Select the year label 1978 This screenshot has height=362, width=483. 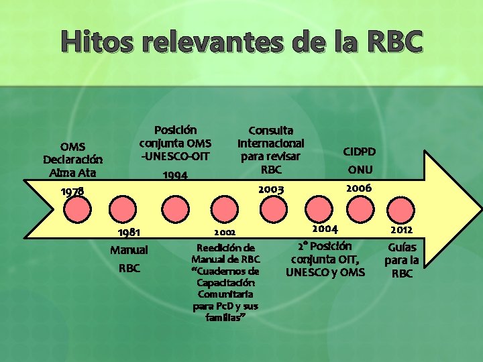[x=72, y=192]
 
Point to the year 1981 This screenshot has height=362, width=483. [x=128, y=233]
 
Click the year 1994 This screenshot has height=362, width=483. [x=174, y=176]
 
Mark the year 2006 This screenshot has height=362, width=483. [x=358, y=188]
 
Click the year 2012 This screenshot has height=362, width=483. [x=401, y=231]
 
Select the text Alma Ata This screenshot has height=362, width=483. [x=73, y=173]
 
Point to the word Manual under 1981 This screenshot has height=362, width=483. [x=129, y=251]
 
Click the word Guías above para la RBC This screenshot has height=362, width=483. [x=402, y=247]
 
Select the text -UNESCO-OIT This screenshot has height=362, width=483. [x=175, y=156]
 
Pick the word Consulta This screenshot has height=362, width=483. [x=270, y=130]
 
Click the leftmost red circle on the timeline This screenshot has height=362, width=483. [x=79, y=208]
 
